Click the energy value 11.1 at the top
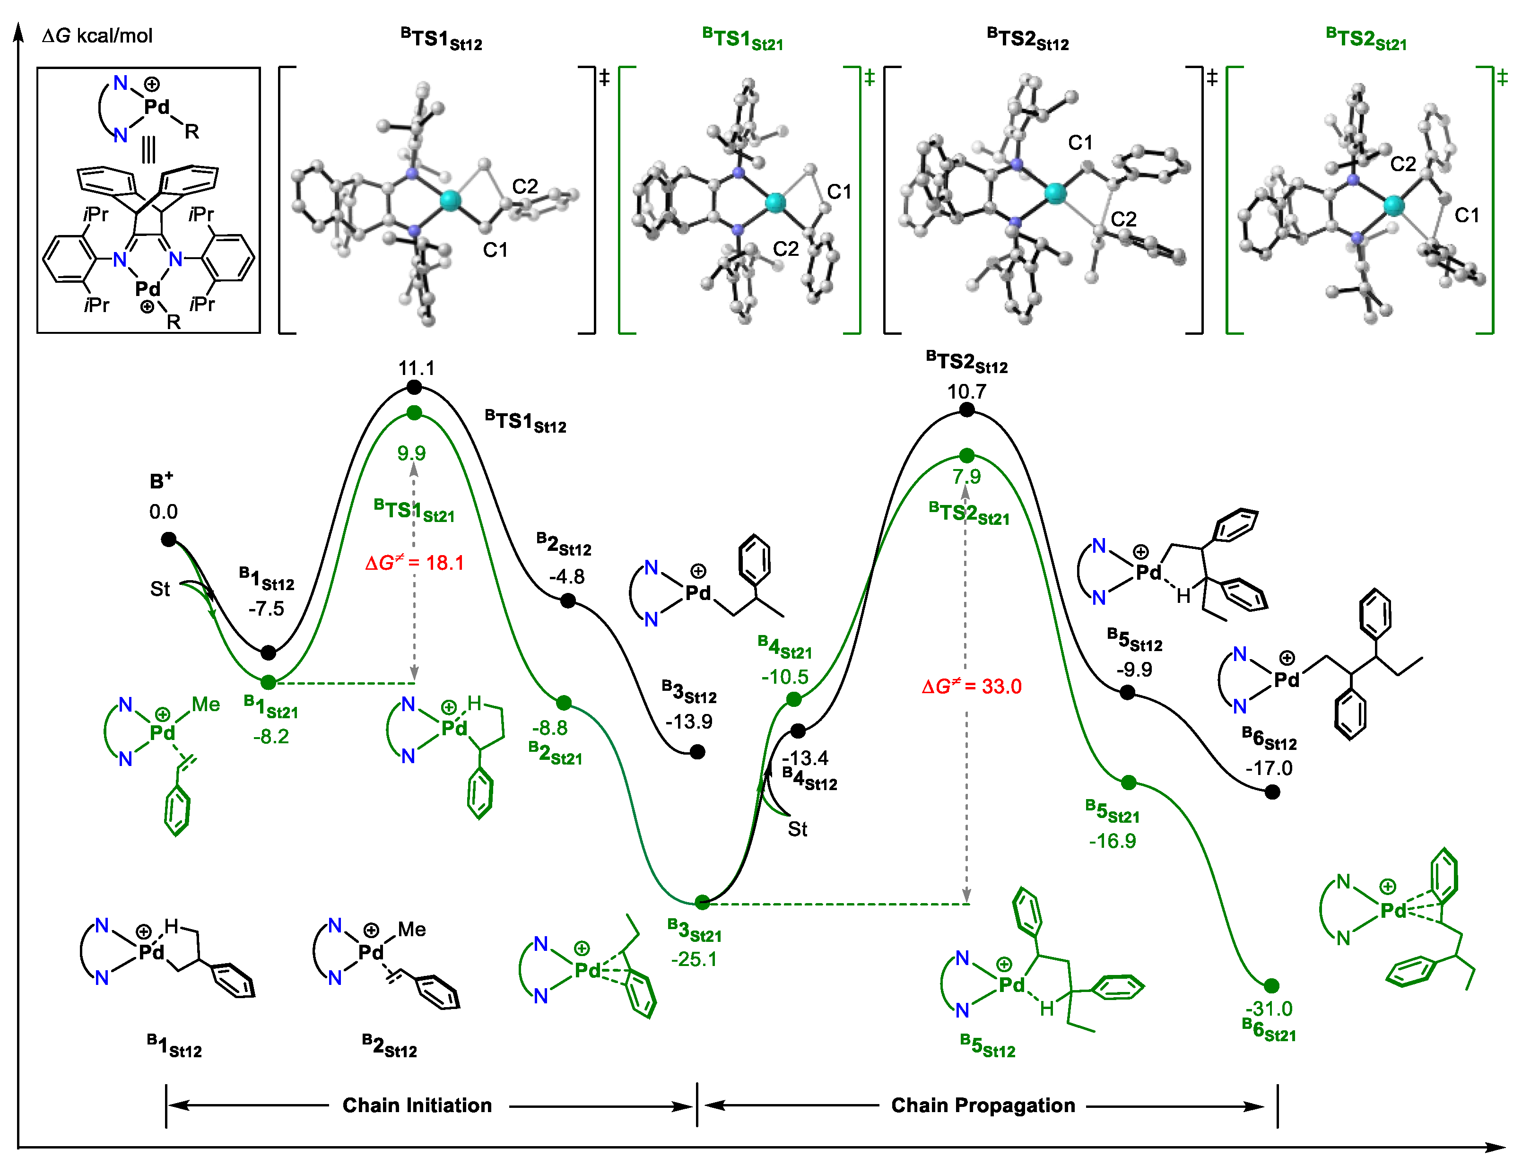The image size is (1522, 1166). pyautogui.click(x=417, y=368)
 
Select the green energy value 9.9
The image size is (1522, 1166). pyautogui.click(x=411, y=453)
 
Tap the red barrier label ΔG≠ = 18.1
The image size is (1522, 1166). pyautogui.click(x=414, y=562)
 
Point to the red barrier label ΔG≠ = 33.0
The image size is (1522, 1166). pyautogui.click(x=972, y=687)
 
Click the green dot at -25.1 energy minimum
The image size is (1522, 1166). pyautogui.click(x=702, y=902)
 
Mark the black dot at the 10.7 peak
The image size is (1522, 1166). pyautogui.click(x=967, y=410)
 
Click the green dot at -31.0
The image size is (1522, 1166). pyautogui.click(x=1271, y=985)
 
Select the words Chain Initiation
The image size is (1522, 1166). pyautogui.click(x=417, y=1105)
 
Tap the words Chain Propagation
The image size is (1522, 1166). pyautogui.click(x=983, y=1105)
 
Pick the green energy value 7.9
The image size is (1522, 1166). pyautogui.click(x=967, y=477)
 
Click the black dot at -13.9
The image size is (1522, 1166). pyautogui.click(x=697, y=752)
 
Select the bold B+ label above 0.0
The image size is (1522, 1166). pyautogui.click(x=162, y=481)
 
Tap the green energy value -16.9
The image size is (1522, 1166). pyautogui.click(x=1113, y=841)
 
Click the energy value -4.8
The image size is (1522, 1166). pyautogui.click(x=567, y=577)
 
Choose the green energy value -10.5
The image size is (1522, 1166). pyautogui.click(x=785, y=677)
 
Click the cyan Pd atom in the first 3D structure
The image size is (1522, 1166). pyautogui.click(x=450, y=200)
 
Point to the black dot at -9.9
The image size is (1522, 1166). pyautogui.click(x=1128, y=692)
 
